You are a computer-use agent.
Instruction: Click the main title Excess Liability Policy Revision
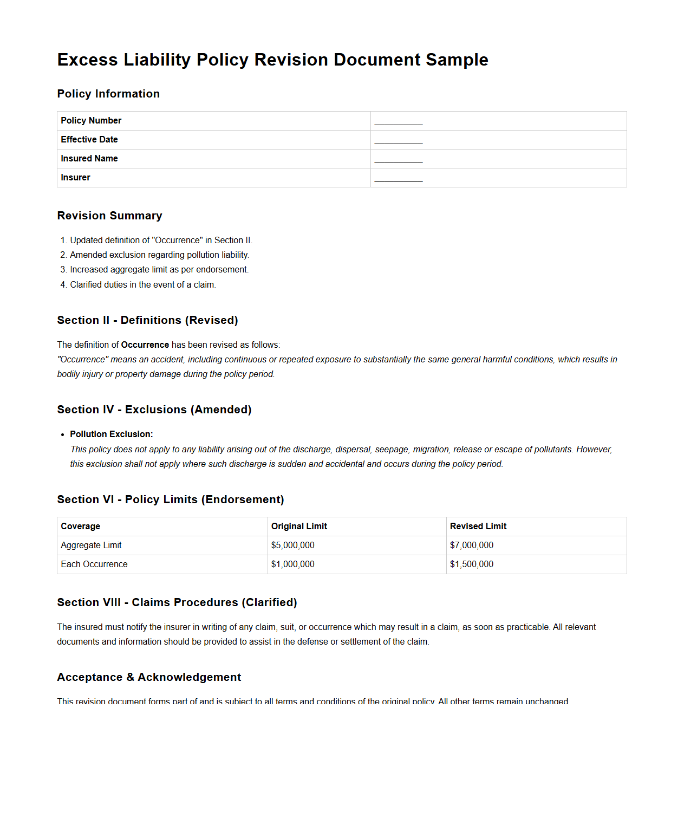(272, 60)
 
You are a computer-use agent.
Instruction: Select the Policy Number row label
(91, 121)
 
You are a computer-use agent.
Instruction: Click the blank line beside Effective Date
(398, 140)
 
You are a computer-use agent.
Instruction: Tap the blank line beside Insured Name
(398, 159)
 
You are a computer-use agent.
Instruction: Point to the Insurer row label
(75, 178)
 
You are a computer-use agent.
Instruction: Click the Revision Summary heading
(109, 216)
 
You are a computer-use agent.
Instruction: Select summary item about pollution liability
(159, 255)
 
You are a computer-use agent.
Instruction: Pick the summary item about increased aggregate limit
(159, 270)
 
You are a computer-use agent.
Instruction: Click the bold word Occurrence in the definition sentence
(145, 345)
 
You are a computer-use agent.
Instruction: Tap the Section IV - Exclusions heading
(154, 410)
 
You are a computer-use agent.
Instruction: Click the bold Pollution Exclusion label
(111, 434)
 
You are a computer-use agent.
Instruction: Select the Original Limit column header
(299, 527)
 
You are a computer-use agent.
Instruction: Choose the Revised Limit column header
(478, 527)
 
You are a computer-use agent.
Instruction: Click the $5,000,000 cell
(292, 545)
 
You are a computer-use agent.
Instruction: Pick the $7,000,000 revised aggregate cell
(472, 545)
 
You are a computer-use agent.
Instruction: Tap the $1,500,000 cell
(472, 564)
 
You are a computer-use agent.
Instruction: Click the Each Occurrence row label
(94, 564)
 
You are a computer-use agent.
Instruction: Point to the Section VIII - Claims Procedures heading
(177, 602)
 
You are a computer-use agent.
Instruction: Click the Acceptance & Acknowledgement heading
(149, 677)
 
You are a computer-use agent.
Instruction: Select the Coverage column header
(80, 527)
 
